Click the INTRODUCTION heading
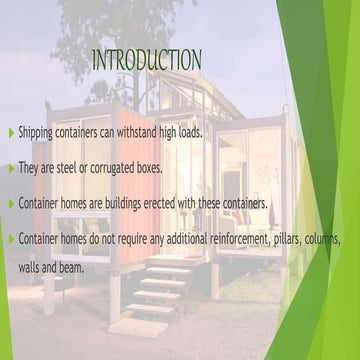pyautogui.click(x=146, y=59)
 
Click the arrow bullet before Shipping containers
pyautogui.click(x=11, y=133)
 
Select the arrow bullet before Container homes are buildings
pyautogui.click(x=11, y=202)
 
